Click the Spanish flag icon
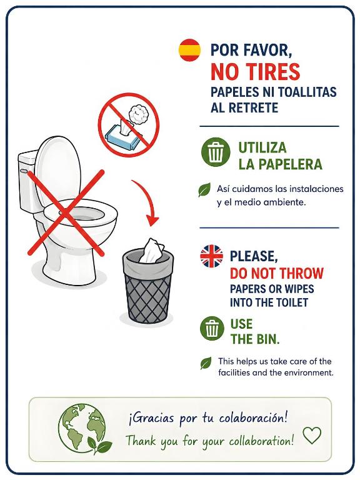click(189, 50)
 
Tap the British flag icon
click(211, 256)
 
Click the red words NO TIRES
click(255, 72)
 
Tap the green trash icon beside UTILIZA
click(216, 152)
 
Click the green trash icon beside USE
click(212, 328)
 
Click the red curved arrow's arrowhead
click(152, 220)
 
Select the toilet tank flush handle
click(24, 171)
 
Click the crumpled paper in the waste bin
click(151, 251)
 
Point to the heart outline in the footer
click(312, 435)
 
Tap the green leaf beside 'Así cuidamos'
click(204, 189)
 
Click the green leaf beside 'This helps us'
click(206, 363)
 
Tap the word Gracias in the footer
click(152, 418)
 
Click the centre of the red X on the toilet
click(66, 212)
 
